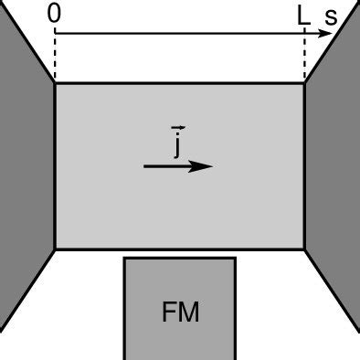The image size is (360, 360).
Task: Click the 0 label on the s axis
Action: tap(55, 15)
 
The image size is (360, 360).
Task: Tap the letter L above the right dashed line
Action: tap(303, 15)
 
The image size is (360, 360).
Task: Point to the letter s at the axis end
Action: tap(331, 16)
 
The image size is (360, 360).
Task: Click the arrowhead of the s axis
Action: tap(327, 33)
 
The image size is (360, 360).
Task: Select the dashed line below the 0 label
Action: tap(55, 58)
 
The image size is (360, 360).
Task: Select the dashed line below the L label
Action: tap(304, 58)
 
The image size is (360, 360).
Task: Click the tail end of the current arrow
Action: tap(145, 166)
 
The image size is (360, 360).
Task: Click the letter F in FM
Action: tap(169, 312)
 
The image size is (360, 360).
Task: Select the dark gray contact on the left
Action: tap(25, 174)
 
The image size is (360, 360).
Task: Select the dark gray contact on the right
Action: tap(334, 174)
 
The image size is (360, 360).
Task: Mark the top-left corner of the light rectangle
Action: tap(55, 84)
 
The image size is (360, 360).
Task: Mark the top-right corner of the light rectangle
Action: tap(305, 84)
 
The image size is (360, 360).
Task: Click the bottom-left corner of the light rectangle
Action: tap(55, 249)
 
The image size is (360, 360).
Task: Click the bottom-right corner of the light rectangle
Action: tap(305, 249)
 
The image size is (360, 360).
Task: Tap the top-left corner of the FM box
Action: tap(125, 259)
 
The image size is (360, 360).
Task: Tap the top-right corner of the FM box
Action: tap(236, 259)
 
